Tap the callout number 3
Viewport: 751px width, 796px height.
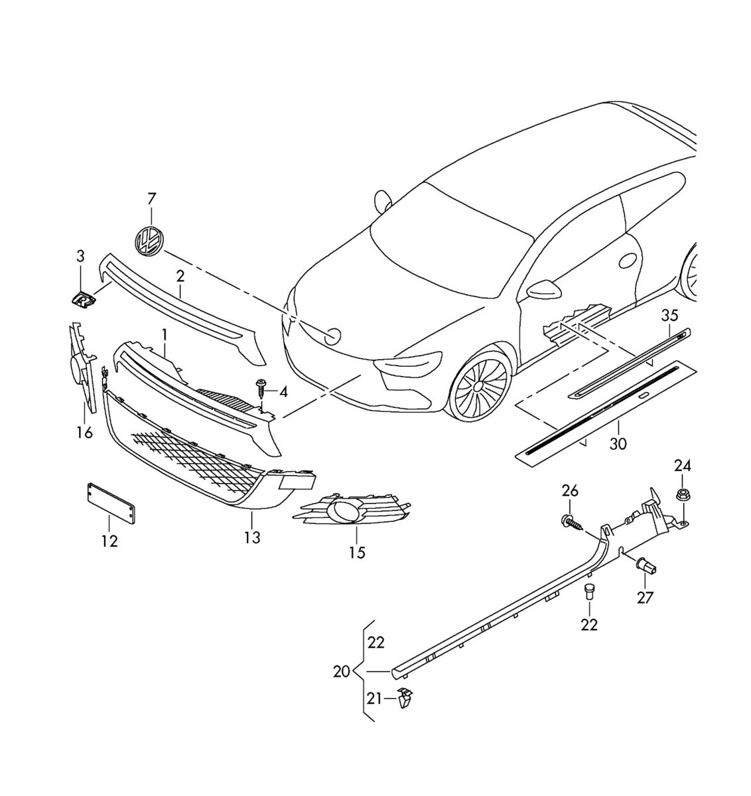click(x=80, y=256)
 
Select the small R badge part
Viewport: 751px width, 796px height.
click(x=84, y=300)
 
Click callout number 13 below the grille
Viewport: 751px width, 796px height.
click(x=252, y=537)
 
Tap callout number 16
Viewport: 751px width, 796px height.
click(x=84, y=432)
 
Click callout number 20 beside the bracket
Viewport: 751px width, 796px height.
click(x=341, y=671)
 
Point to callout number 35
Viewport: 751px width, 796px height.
click(x=669, y=315)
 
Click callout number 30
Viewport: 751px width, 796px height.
click(x=618, y=443)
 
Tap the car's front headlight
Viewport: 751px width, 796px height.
click(x=406, y=364)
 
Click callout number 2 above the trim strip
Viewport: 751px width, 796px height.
click(x=180, y=275)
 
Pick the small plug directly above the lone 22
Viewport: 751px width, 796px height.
click(x=588, y=591)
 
